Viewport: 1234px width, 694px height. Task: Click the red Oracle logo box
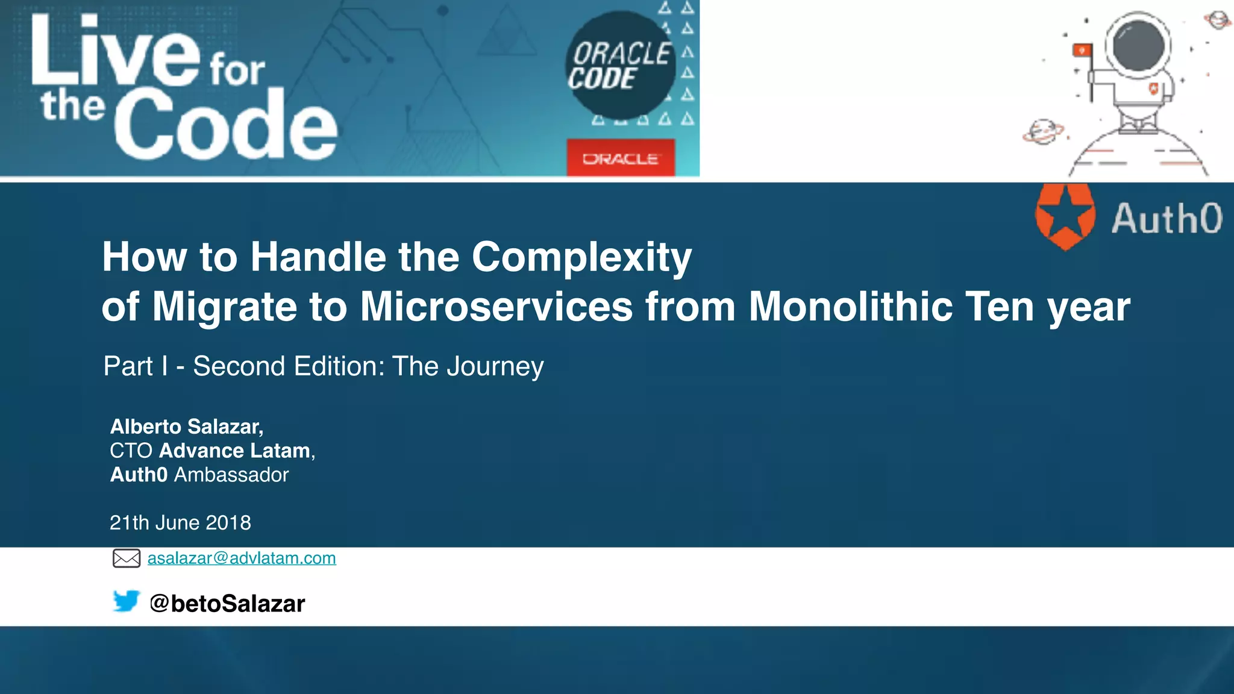click(620, 158)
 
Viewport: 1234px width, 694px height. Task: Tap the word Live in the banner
click(114, 51)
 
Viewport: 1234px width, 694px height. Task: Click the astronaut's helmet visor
click(1138, 46)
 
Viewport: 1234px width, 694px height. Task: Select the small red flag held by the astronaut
click(1082, 51)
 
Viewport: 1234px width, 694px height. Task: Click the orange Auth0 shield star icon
click(1065, 217)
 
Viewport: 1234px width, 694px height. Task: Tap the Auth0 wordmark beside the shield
click(1167, 218)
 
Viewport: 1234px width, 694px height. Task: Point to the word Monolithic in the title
click(850, 307)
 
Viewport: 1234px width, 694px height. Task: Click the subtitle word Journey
click(495, 366)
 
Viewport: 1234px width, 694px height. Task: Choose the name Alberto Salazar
click(186, 427)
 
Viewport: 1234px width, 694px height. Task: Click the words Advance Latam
click(234, 451)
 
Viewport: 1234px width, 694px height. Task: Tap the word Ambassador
click(231, 475)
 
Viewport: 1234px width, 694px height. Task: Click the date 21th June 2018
click(180, 522)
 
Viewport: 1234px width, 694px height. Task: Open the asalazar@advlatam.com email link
click(242, 558)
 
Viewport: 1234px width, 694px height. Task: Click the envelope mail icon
click(127, 558)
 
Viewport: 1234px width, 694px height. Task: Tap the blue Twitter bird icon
click(126, 601)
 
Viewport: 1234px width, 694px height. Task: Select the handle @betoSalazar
click(227, 604)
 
